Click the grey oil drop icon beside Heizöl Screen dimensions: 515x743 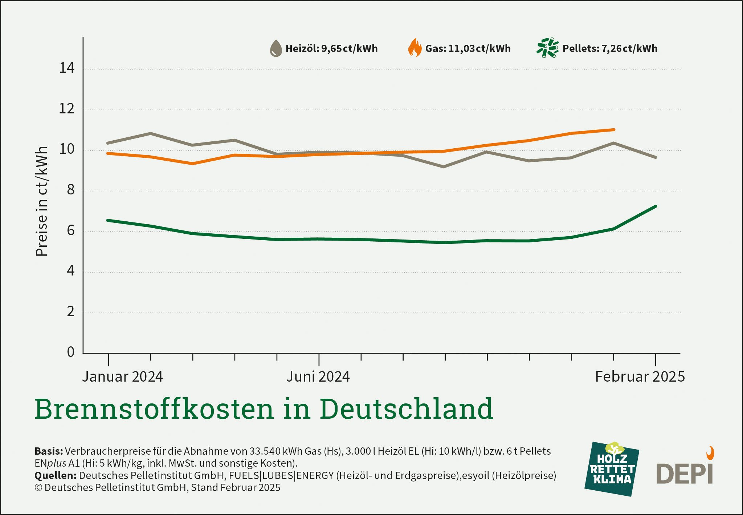pyautogui.click(x=276, y=48)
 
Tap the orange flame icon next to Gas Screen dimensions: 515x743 pyautogui.click(x=415, y=48)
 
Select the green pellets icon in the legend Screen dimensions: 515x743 pyautogui.click(x=547, y=48)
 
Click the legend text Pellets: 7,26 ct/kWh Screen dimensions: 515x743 pyautogui.click(x=610, y=48)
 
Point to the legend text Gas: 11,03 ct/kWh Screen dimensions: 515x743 pyautogui.click(x=468, y=48)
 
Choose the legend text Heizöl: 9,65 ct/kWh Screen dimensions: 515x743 pyautogui.click(x=331, y=48)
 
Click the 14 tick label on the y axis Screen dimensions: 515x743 pyautogui.click(x=67, y=68)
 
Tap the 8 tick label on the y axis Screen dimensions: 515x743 pyautogui.click(x=70, y=190)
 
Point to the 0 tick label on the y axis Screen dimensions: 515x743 pyautogui.click(x=70, y=352)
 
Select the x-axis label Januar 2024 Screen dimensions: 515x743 pyautogui.click(x=122, y=377)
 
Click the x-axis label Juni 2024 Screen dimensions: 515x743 pyautogui.click(x=318, y=377)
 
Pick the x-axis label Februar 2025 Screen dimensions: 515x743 pyautogui.click(x=640, y=377)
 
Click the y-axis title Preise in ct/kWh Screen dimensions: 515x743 pyautogui.click(x=42, y=201)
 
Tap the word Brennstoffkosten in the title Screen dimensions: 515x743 pyautogui.click(x=154, y=409)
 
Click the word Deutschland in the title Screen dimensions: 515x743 pyautogui.click(x=406, y=409)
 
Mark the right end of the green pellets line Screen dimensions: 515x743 pyautogui.click(x=656, y=206)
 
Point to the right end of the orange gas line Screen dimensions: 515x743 pyautogui.click(x=613, y=130)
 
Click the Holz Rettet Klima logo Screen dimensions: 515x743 pyautogui.click(x=612, y=469)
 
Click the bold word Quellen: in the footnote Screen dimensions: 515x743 pyautogui.click(x=55, y=475)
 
